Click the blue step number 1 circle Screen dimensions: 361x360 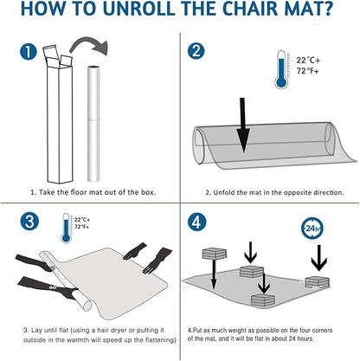29,54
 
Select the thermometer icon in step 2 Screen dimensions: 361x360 280,71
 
